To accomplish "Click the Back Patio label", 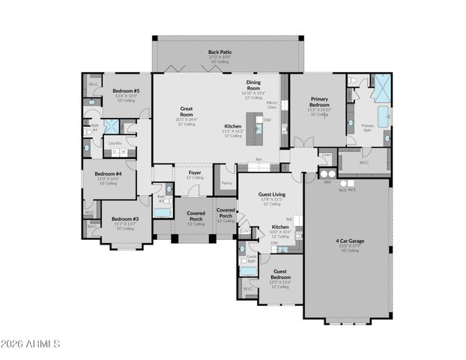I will tap(220, 52).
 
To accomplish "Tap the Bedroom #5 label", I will tap(121, 91).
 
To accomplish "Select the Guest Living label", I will tap(271, 194).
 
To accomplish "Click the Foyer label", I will tap(195, 172).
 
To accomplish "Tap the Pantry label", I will tap(227, 182).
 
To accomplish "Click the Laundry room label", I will tap(115, 142).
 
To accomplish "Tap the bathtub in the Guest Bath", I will tap(249, 271).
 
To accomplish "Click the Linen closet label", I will tap(326, 155).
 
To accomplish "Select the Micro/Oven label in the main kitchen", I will tap(273, 104).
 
